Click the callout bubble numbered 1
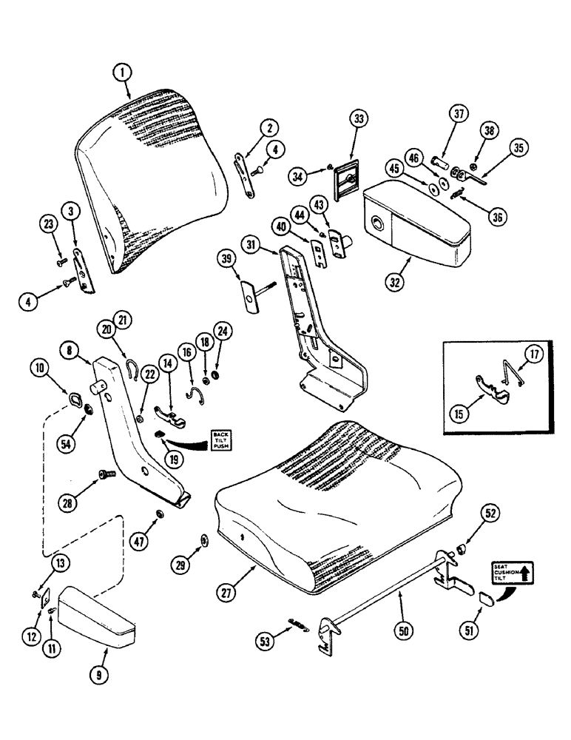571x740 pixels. [x=124, y=73]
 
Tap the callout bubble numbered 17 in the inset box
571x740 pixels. [x=533, y=356]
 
